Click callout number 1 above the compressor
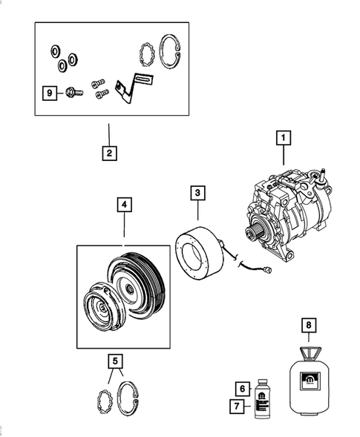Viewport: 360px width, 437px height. [x=282, y=137]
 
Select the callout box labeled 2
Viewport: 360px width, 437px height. [x=108, y=154]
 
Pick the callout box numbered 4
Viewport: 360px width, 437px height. [x=123, y=203]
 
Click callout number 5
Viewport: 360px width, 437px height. [x=114, y=361]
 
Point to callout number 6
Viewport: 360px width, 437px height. [x=241, y=388]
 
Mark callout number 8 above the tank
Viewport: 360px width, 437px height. [x=308, y=325]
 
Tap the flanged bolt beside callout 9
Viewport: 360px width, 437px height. [x=72, y=93]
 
